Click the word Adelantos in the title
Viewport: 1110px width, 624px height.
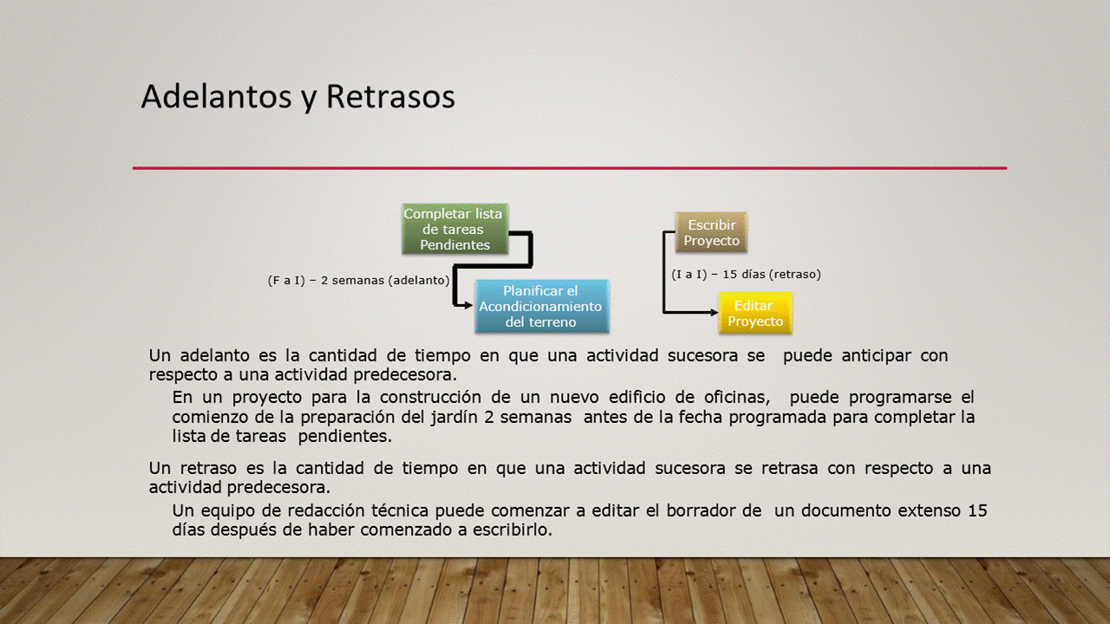pos(216,96)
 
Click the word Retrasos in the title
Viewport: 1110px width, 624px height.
pos(390,96)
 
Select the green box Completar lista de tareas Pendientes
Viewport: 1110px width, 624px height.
pos(454,229)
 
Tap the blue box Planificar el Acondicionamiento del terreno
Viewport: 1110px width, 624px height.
pos(542,306)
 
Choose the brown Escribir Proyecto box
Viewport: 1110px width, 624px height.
pos(711,232)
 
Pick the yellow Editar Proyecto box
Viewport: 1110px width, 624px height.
pos(755,313)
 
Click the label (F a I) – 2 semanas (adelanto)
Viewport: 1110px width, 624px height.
pos(358,280)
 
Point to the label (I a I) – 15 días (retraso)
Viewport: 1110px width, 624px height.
pos(746,274)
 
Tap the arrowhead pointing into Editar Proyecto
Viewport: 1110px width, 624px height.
pos(714,312)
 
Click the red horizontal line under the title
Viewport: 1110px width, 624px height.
pos(570,168)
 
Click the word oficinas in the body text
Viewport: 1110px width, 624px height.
pos(736,397)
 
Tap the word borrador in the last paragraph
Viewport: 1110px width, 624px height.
pos(700,510)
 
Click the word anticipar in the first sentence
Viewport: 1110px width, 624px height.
pos(876,355)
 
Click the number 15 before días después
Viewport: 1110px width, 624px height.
pos(977,510)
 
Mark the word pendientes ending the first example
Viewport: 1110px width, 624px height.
pos(344,436)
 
